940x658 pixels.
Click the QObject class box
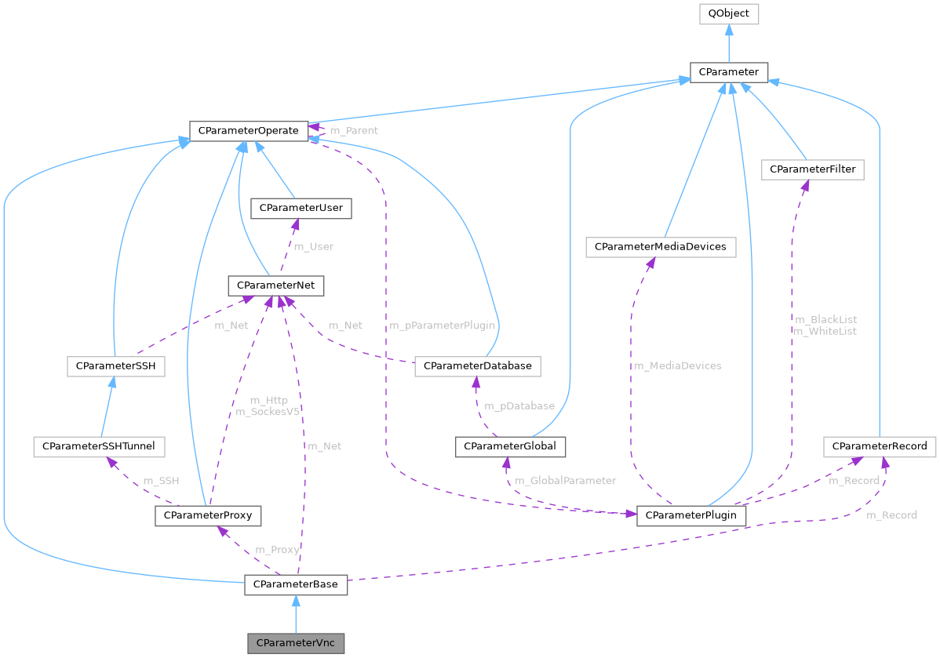tap(729, 13)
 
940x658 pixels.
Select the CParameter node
tap(729, 72)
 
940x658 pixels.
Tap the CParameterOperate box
tap(248, 130)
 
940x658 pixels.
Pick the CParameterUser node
tap(300, 208)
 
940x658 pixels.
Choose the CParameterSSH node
tap(115, 365)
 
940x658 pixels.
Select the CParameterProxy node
tap(208, 516)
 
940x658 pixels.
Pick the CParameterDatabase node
tap(477, 365)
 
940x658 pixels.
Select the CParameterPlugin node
tap(691, 516)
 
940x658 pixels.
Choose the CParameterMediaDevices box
tap(661, 247)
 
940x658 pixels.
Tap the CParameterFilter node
tap(812, 169)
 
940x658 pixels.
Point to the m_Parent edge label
tap(353, 130)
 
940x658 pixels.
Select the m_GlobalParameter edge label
tap(565, 480)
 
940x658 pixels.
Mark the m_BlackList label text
tap(825, 320)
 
